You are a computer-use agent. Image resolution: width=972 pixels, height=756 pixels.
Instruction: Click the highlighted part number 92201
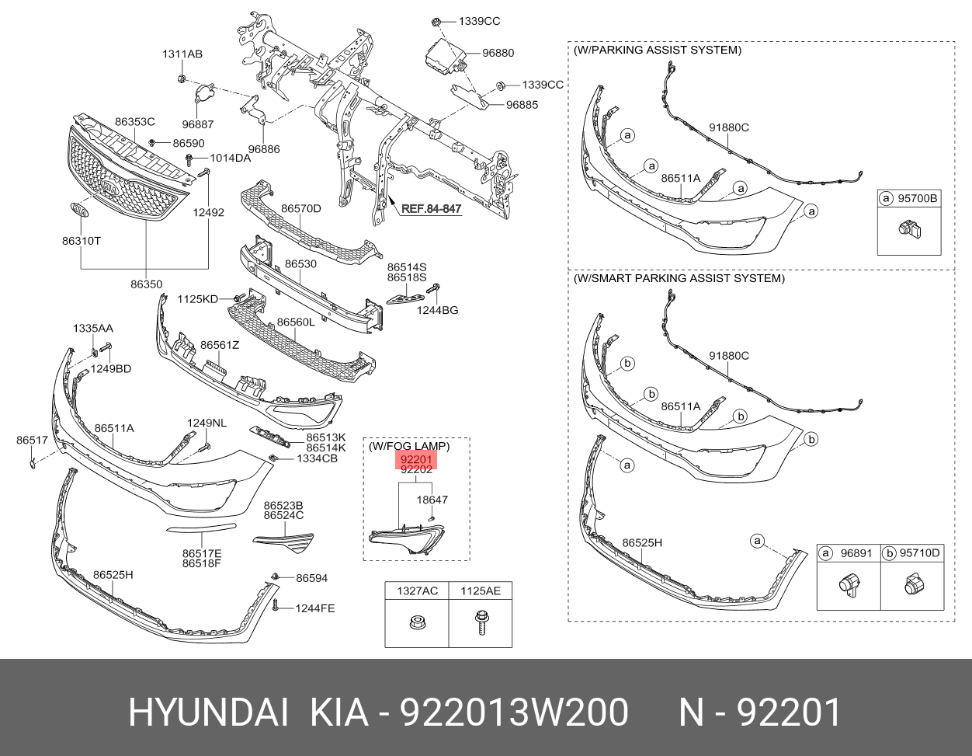pos(416,460)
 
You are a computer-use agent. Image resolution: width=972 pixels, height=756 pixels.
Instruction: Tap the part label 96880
pos(498,53)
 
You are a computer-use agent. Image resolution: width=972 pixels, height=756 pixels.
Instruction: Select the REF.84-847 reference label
pos(431,208)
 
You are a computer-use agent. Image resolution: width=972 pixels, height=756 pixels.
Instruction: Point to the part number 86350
pos(146,284)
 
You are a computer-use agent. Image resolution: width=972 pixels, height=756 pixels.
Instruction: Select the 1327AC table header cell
pos(417,591)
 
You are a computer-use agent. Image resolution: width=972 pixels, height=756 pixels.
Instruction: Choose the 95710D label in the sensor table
pos(919,553)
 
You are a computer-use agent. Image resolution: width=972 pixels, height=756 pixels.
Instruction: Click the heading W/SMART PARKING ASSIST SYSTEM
pos(679,278)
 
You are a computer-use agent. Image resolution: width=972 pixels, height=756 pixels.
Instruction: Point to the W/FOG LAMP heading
pos(408,446)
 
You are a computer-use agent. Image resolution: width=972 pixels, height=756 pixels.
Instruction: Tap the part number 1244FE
pos(314,608)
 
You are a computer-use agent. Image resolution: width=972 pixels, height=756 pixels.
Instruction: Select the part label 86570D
pos(300,208)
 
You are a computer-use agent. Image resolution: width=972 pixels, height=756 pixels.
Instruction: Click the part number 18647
pos(432,500)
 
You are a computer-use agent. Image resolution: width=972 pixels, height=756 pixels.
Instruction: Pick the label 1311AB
pos(182,54)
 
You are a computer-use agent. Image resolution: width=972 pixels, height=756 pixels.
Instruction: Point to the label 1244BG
pos(437,310)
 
